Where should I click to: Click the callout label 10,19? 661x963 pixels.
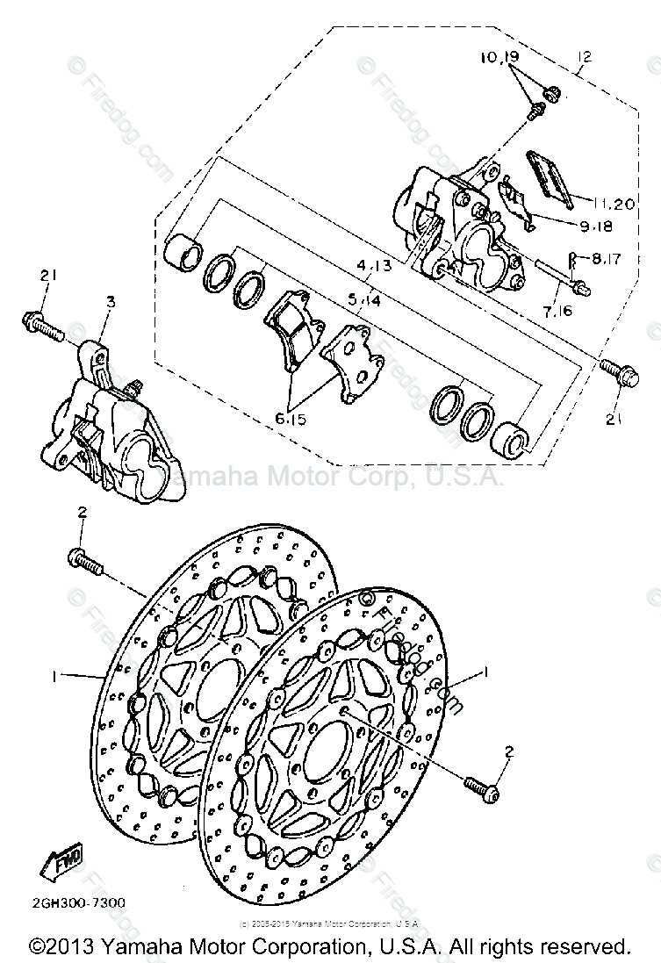click(x=500, y=59)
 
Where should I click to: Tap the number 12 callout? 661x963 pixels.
click(x=584, y=58)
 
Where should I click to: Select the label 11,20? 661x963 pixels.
click(x=612, y=204)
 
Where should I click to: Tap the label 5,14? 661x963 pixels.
click(x=363, y=299)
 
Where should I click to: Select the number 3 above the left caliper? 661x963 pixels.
click(x=111, y=302)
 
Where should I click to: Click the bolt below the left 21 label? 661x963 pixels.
click(x=42, y=326)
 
